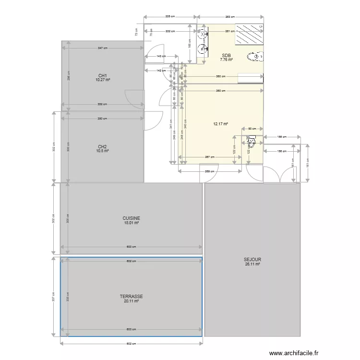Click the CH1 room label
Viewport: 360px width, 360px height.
tap(102, 75)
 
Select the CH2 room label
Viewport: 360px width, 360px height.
tap(102, 146)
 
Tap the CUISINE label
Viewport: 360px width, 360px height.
tap(131, 218)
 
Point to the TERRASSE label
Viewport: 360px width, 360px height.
tap(131, 297)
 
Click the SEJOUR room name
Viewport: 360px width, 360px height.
tap(252, 260)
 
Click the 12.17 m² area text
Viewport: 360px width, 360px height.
tap(220, 123)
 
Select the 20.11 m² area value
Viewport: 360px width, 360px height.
tap(131, 301)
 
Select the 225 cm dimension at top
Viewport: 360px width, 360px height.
tap(170, 17)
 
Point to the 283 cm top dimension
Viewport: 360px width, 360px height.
tap(231, 17)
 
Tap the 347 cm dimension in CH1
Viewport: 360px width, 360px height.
tap(102, 48)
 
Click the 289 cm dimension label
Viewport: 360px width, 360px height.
tap(209, 171)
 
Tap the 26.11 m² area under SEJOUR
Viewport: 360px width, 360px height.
tap(252, 264)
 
